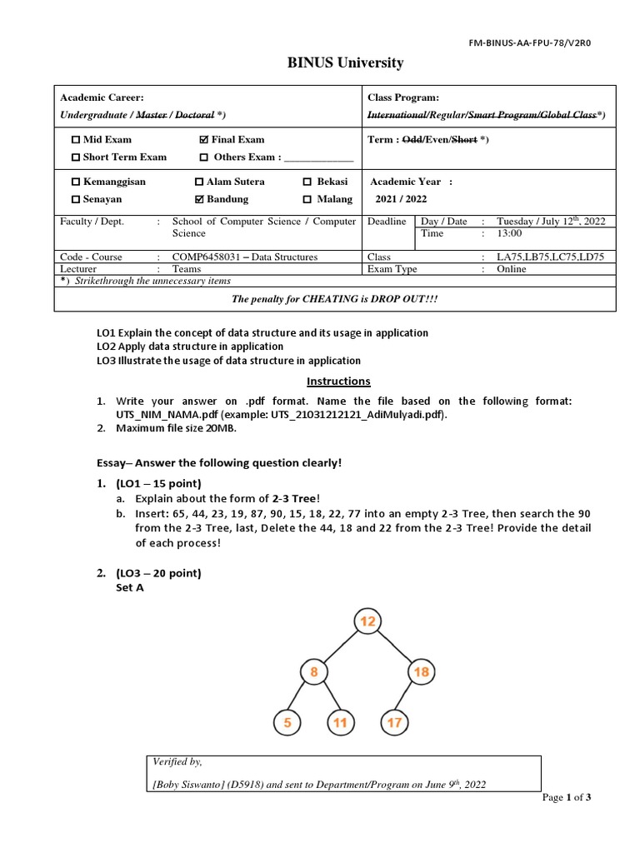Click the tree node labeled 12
[x=367, y=621]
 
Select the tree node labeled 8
[x=313, y=672]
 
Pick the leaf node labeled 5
[x=287, y=723]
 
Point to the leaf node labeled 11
[x=340, y=723]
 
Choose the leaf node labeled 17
[x=394, y=723]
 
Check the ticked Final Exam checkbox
[x=204, y=140]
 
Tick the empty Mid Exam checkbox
[x=77, y=140]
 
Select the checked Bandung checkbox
[x=198, y=200]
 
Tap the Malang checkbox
[x=307, y=200]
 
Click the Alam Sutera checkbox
[x=198, y=182]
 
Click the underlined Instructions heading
[x=338, y=382]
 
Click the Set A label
[x=129, y=587]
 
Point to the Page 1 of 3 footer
[x=567, y=797]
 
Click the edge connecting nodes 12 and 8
[x=340, y=647]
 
